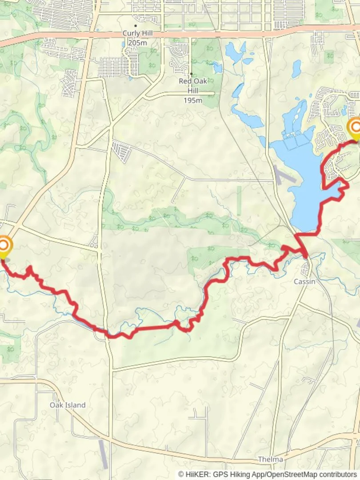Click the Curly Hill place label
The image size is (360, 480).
pos(138,34)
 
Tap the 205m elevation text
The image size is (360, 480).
pos(138,43)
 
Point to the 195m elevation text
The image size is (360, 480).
pos(192,100)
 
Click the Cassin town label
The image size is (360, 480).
pos(304,282)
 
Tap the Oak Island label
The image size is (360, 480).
pos(68,405)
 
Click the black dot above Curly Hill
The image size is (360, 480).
pos(136,26)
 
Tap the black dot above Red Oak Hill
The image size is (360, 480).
pos(191,74)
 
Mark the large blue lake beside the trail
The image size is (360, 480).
pos(302,178)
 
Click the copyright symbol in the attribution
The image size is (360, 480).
pos(181,475)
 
